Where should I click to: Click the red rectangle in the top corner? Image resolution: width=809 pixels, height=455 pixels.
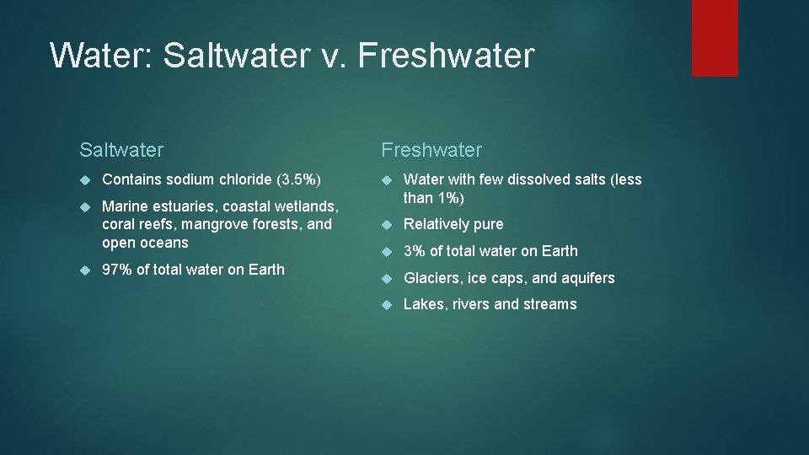(715, 37)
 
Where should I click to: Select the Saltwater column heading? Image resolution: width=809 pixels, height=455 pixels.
(121, 150)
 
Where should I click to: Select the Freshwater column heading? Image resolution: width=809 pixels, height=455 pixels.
(431, 150)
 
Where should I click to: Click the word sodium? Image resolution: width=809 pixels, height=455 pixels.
(190, 179)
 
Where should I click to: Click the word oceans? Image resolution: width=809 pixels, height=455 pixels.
(165, 243)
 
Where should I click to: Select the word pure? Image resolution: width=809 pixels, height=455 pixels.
(488, 225)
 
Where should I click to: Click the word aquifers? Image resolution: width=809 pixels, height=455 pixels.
(587, 278)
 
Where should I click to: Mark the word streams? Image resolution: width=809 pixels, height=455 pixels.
(551, 304)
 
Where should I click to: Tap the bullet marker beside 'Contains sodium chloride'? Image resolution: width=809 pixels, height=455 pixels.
(85, 179)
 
